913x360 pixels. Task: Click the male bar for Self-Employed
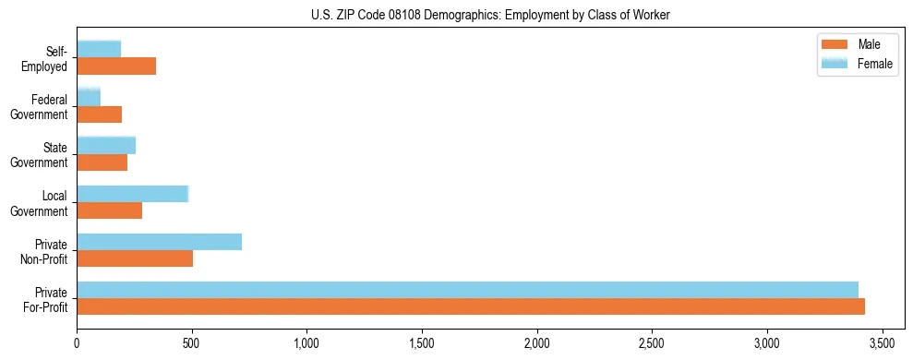coord(116,66)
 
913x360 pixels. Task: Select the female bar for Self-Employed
coord(99,49)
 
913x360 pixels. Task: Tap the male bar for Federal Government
coord(100,114)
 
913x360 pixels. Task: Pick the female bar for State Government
coord(106,145)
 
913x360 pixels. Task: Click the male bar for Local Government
coord(110,210)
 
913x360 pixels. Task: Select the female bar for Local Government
coord(133,194)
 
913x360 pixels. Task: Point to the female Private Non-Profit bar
coord(160,242)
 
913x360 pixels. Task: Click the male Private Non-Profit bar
coord(135,258)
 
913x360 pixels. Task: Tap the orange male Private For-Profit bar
coord(471,306)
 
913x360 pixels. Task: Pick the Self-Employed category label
coord(45,59)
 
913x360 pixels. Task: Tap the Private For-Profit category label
coord(45,299)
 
